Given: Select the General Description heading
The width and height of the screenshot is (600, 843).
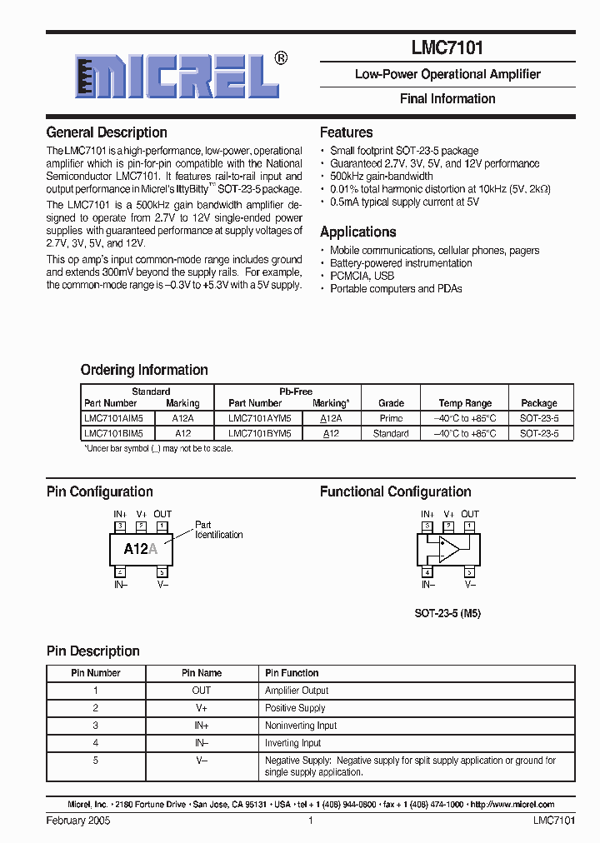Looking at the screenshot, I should click(x=107, y=132).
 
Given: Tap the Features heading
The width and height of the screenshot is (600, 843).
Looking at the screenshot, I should click(x=346, y=132).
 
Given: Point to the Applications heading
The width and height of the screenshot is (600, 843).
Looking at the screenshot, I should click(x=357, y=232).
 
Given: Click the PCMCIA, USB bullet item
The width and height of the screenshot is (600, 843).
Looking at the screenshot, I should click(x=362, y=276).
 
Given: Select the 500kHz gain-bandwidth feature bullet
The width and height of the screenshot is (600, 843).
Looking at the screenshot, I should click(x=381, y=177).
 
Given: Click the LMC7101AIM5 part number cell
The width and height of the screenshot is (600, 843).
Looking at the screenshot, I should click(x=113, y=418).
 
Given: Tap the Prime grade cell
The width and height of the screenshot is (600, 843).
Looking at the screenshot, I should click(x=391, y=418).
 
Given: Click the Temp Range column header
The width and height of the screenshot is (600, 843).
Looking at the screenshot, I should click(x=465, y=403).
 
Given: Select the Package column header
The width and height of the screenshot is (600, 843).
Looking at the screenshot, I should click(x=539, y=403).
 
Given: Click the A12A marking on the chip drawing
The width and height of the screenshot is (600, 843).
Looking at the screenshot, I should click(x=141, y=549).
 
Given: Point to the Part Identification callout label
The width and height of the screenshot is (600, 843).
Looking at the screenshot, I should click(x=218, y=530).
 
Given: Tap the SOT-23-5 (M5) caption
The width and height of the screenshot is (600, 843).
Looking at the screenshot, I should click(x=447, y=613).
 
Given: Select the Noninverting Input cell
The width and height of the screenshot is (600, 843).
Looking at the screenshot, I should click(x=301, y=726).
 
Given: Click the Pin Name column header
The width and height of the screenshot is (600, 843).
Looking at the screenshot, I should click(x=202, y=673).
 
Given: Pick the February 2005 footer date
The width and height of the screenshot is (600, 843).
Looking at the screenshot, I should click(x=78, y=821).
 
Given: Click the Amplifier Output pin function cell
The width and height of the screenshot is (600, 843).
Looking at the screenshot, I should click(x=297, y=691).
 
